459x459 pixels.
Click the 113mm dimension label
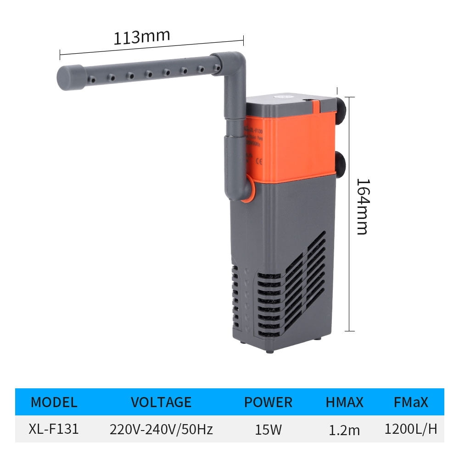pos(142,37)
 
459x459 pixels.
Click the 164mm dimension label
pos(362,206)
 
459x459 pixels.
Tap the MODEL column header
pos(54,403)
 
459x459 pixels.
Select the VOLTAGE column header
pos(161,403)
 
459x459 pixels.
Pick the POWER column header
pos(268,403)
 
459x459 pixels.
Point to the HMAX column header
pos(344,403)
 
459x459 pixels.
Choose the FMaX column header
pos(411,403)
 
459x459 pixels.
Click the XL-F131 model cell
pos(54,429)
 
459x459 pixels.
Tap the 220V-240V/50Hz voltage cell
pos(161,430)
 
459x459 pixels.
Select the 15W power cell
pos(268,430)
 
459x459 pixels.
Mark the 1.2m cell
pos(344,430)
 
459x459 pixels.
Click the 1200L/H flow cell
pos(411,429)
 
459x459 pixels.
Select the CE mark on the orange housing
pos(258,161)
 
